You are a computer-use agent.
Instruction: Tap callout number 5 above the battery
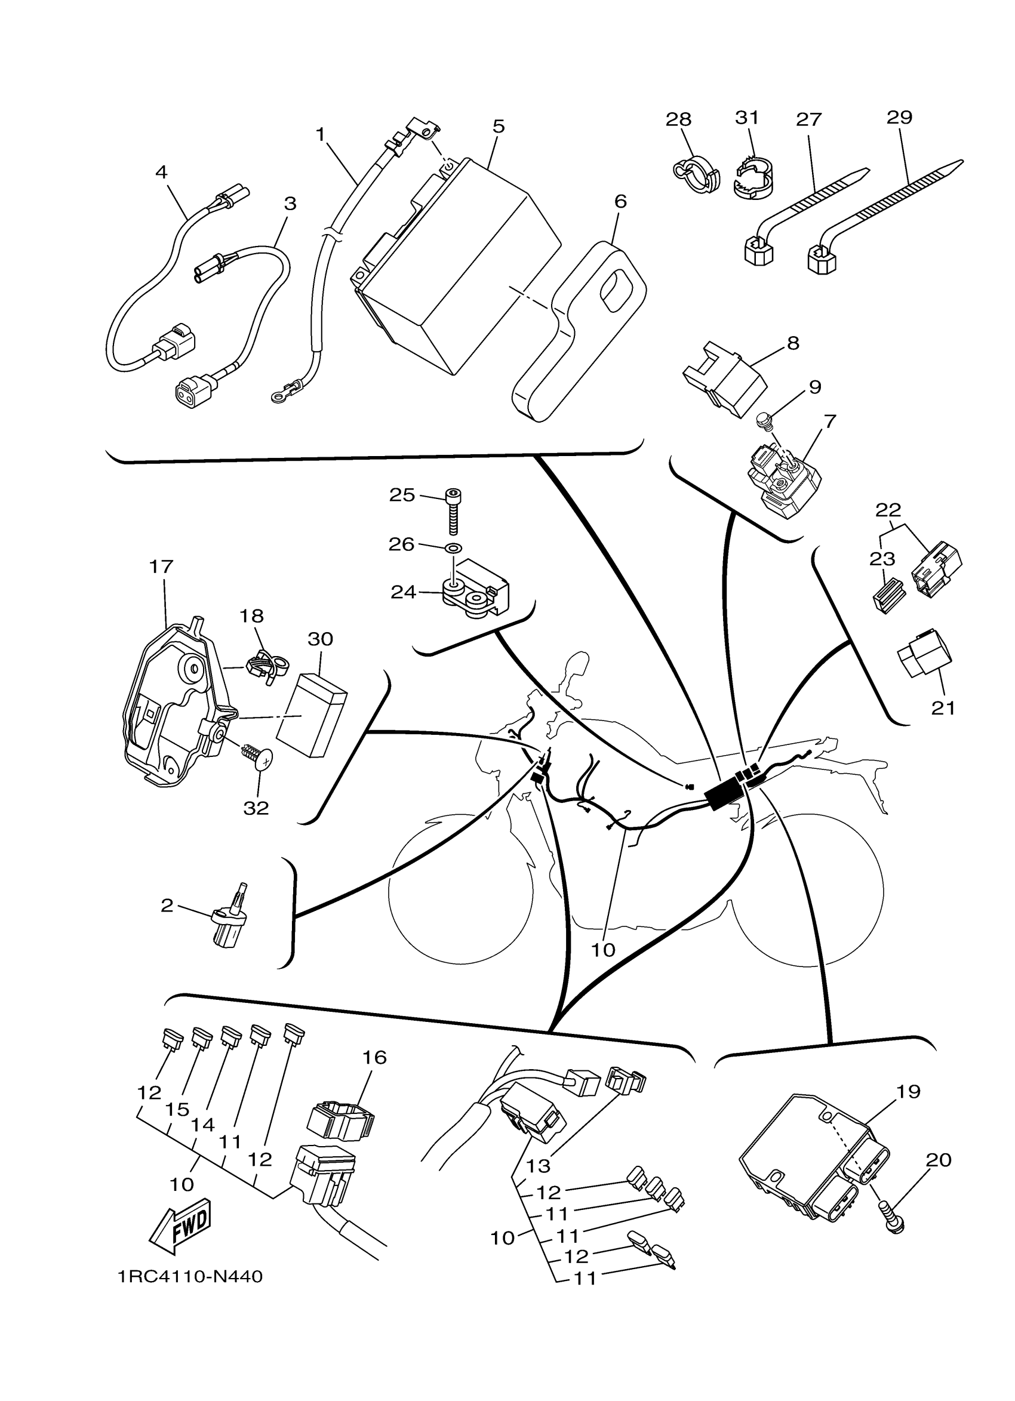tap(499, 126)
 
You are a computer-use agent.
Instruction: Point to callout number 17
tap(161, 566)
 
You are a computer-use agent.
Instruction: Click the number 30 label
tap(320, 639)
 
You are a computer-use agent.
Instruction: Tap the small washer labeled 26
tap(455, 548)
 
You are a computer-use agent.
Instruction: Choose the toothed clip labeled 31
tap(755, 178)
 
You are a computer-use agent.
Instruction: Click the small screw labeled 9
tap(765, 423)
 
